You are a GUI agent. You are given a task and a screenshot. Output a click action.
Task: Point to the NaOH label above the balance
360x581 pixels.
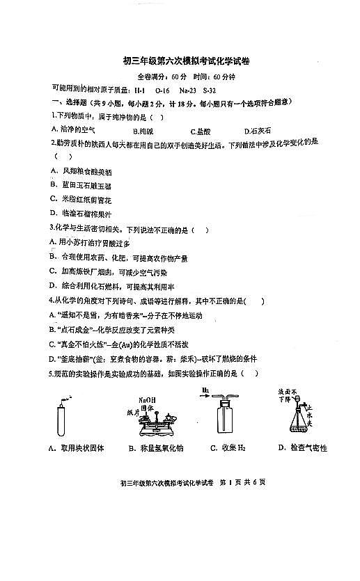[x=147, y=400]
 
